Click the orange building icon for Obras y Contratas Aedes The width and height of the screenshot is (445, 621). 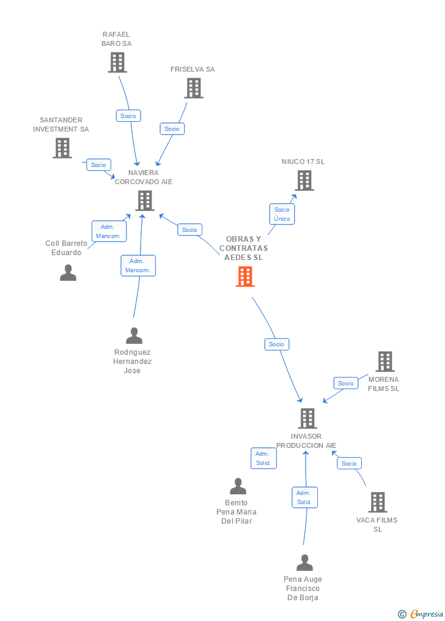click(x=245, y=277)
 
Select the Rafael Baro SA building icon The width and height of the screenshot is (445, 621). click(x=117, y=62)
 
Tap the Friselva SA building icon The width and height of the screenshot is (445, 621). click(x=194, y=88)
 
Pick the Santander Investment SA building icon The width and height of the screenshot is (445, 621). click(x=62, y=148)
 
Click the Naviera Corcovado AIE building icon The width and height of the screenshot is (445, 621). click(x=144, y=200)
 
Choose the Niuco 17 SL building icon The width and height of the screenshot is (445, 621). click(x=304, y=180)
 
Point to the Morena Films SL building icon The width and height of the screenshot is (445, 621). click(x=384, y=362)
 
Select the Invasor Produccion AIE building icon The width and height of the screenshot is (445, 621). click(x=307, y=418)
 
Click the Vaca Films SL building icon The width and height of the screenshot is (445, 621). click(x=378, y=502)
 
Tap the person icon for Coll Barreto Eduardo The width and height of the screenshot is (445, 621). click(x=68, y=273)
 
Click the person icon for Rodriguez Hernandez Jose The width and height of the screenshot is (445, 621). click(x=133, y=336)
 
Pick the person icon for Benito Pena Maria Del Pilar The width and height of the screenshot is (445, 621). click(x=238, y=486)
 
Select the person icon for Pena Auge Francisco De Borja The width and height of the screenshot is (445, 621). click(x=304, y=563)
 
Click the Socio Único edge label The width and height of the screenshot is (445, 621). click(x=282, y=214)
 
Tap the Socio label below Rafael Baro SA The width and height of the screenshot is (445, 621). click(x=128, y=116)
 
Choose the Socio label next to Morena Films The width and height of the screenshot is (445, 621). click(x=345, y=384)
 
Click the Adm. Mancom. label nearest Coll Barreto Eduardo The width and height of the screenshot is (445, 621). click(x=108, y=231)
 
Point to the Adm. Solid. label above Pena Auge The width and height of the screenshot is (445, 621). click(x=304, y=497)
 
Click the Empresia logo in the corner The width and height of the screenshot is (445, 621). click(x=421, y=614)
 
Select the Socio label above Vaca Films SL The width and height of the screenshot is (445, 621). click(x=349, y=463)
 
